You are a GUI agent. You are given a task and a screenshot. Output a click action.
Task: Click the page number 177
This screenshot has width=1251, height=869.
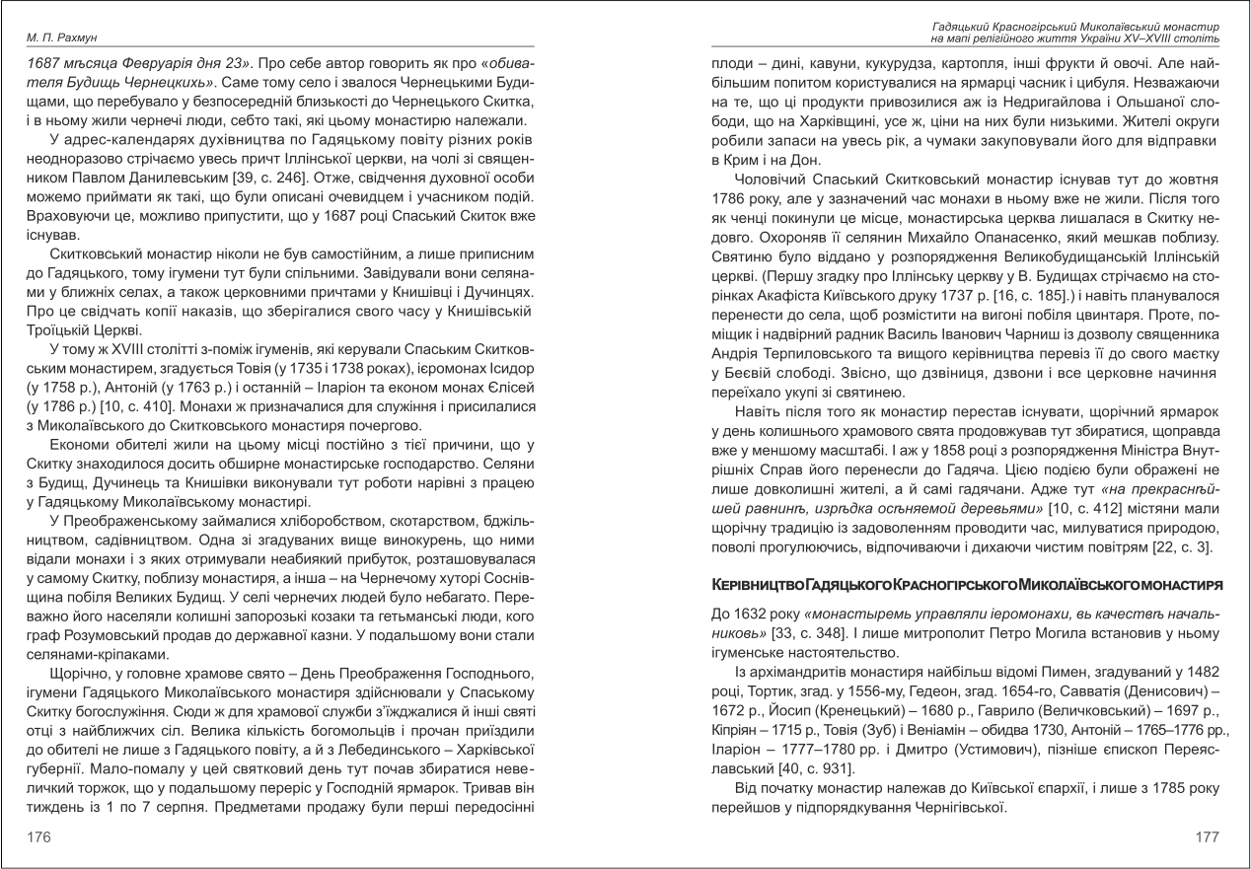(1207, 836)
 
